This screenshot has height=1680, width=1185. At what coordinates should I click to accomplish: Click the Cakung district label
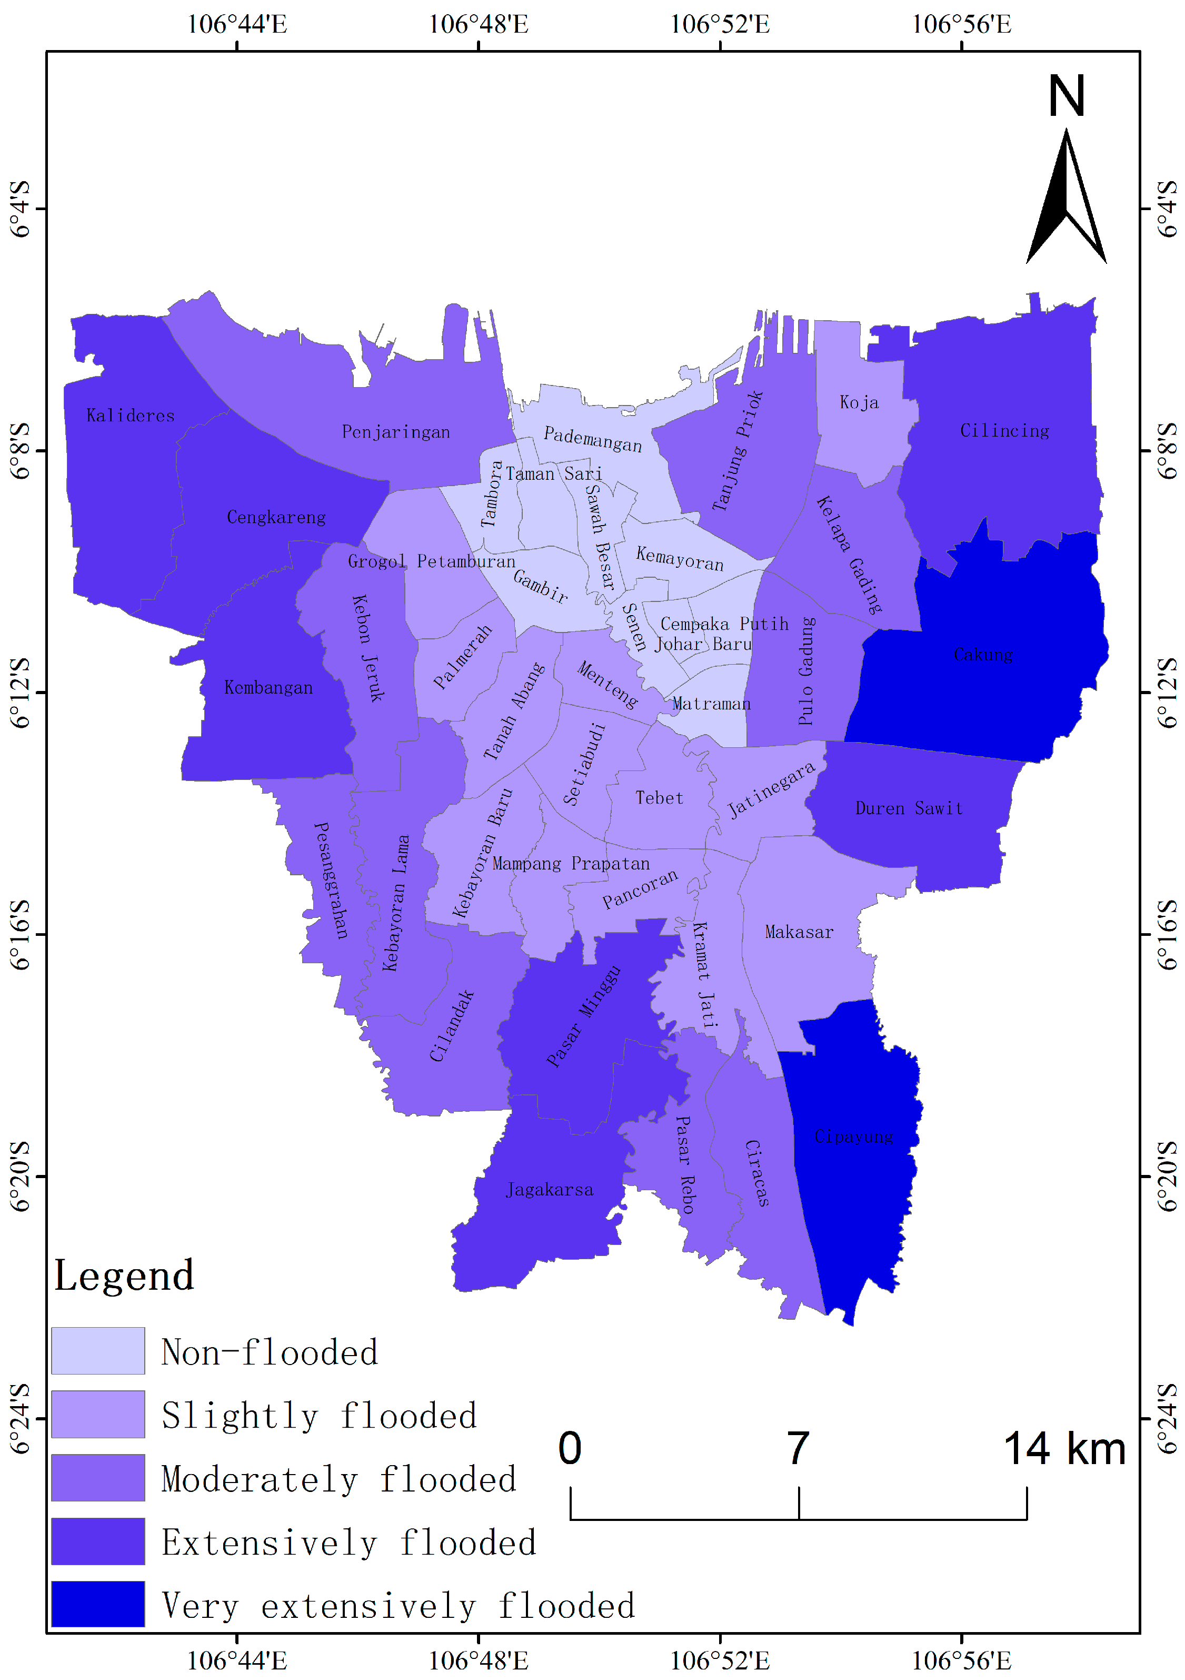coord(982,654)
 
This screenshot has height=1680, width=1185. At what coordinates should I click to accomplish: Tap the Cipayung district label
coord(854,1137)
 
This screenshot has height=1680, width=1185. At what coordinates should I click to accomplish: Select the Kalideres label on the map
coord(130,416)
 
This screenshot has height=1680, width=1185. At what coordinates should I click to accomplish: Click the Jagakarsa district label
coord(550,1190)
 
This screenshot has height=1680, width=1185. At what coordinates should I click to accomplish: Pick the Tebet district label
coord(659,797)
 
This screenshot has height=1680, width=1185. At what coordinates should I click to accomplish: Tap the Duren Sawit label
coord(909,808)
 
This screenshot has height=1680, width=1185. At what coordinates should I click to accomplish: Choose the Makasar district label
coord(799,932)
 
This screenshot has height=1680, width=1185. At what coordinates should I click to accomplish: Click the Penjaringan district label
coord(396,432)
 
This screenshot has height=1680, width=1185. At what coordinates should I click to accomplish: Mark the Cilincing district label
coord(1004,431)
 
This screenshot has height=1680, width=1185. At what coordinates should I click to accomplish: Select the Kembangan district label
coord(268,688)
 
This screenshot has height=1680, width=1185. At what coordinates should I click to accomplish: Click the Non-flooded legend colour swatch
coord(98,1351)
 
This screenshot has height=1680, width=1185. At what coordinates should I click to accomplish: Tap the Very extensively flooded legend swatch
coord(98,1604)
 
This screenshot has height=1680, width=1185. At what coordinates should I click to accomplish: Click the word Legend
coord(124,1276)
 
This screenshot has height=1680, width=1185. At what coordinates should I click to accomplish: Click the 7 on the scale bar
coord(798,1449)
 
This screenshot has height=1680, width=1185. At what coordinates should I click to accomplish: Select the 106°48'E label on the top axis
coord(479,24)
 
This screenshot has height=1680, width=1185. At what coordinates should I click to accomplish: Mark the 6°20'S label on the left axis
coord(20,1177)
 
